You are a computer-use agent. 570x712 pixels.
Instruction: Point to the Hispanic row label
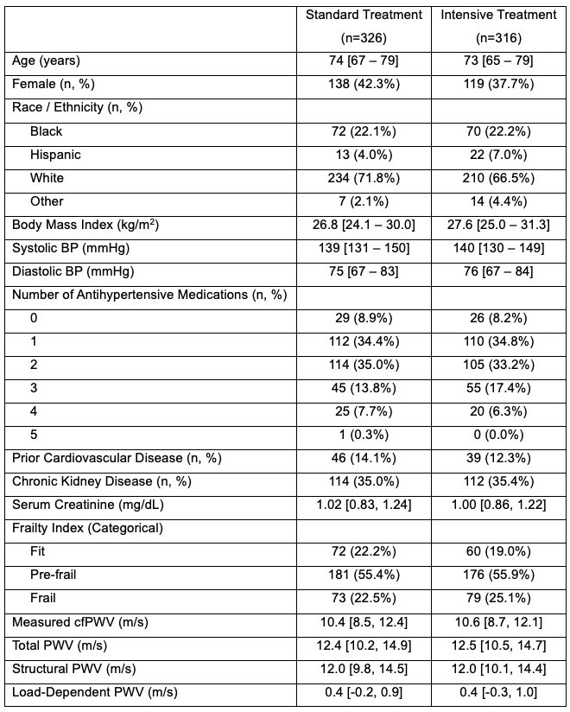click(x=55, y=155)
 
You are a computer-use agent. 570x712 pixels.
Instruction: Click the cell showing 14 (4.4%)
click(x=498, y=201)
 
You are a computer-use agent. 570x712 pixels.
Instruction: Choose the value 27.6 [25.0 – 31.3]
click(x=498, y=225)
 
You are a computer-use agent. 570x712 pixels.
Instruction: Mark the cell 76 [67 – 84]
click(x=498, y=271)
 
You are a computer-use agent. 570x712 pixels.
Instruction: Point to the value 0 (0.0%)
click(x=498, y=435)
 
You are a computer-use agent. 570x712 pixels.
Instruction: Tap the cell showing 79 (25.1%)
click(x=498, y=598)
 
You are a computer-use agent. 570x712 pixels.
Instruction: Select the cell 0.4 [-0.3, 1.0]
click(x=498, y=691)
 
